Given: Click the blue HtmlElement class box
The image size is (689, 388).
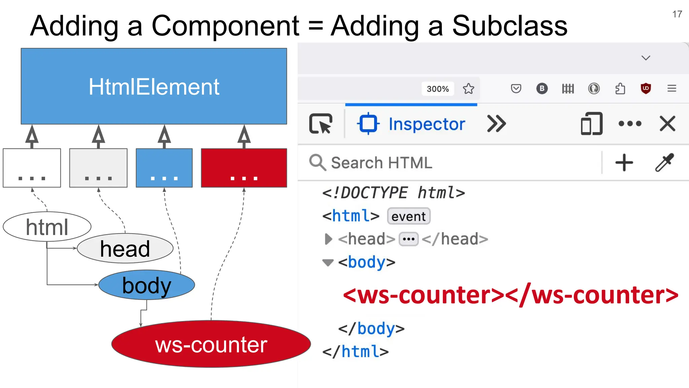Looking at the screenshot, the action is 154,86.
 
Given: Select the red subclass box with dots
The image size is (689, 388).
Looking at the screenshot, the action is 244,168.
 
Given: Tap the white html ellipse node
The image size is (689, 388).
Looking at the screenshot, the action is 47,227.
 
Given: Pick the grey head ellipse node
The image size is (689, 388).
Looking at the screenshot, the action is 125,249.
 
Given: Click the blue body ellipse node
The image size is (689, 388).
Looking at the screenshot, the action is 147,285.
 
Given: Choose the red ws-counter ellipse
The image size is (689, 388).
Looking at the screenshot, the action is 211,344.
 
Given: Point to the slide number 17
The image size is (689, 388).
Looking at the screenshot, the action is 677,14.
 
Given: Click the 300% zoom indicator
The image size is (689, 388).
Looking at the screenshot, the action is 438,89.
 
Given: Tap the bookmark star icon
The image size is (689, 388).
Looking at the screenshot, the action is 468,89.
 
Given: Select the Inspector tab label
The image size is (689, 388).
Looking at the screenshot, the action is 427,124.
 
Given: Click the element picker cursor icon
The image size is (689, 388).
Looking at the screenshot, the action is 321,124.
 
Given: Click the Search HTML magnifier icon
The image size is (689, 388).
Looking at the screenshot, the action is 317,163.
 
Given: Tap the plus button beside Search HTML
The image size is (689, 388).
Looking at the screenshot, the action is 624,163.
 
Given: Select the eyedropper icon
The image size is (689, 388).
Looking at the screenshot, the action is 664,163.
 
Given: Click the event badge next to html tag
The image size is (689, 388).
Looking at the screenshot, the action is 408,216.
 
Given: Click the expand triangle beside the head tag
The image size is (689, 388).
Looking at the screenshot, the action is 328,239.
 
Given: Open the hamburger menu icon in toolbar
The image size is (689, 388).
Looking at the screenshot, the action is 672,89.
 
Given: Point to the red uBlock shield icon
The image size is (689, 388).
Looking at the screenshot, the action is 646,89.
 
